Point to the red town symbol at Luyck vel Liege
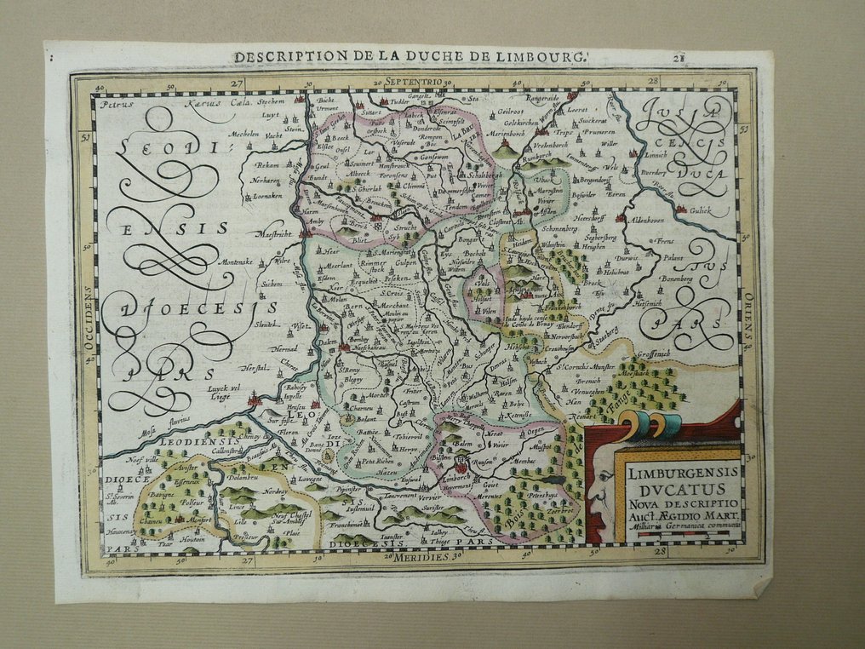click(x=253, y=398)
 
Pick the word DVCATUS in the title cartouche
click(x=679, y=489)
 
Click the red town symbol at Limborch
click(x=461, y=465)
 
